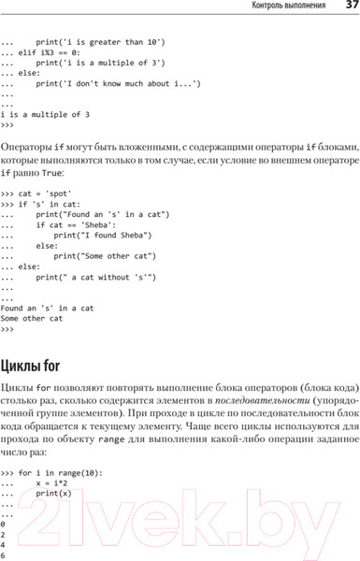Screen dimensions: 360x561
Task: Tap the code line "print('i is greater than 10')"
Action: click(100, 42)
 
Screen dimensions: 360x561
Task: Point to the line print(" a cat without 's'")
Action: click(96, 278)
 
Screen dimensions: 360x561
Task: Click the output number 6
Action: click(4, 555)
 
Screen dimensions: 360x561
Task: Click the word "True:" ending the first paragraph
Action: click(78, 174)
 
